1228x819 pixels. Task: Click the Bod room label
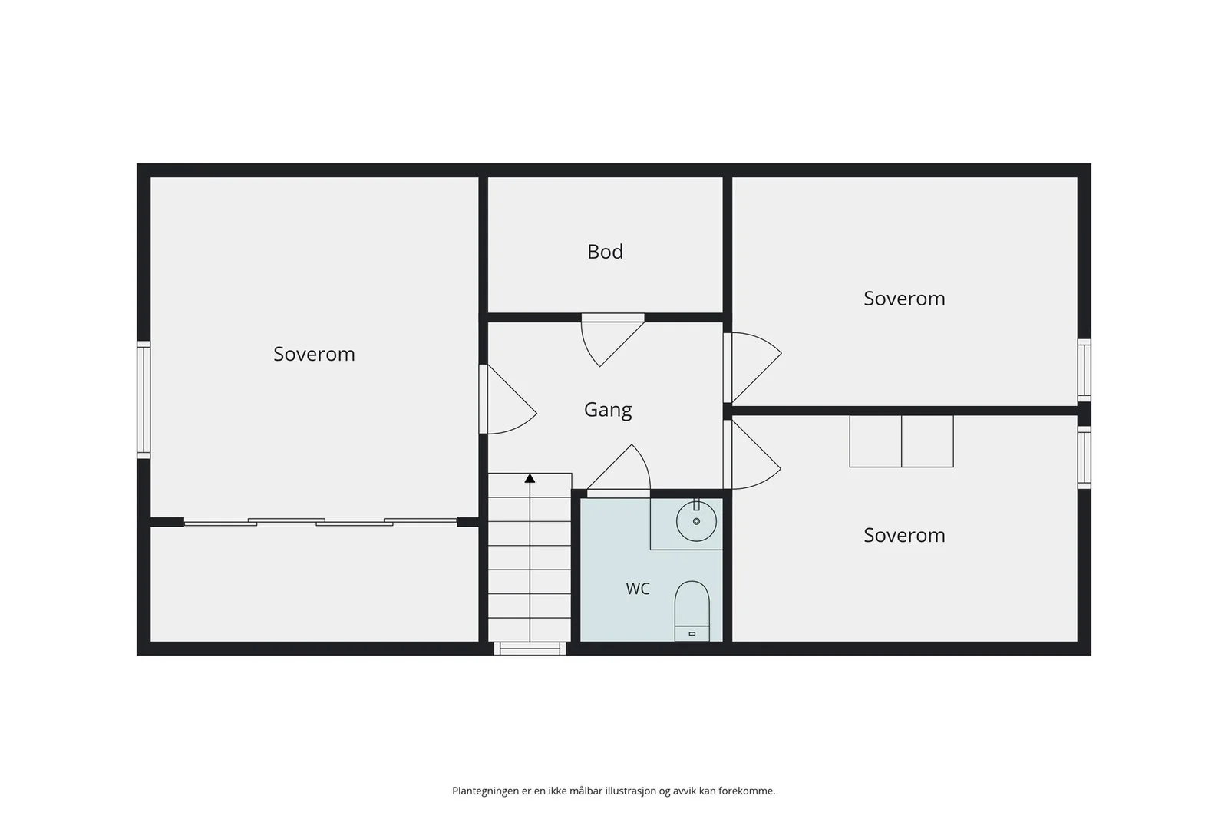coord(605,252)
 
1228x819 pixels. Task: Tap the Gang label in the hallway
coord(607,410)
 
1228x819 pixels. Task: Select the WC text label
coord(638,589)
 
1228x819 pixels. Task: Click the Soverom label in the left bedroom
coord(314,354)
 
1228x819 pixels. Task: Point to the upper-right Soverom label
coord(904,299)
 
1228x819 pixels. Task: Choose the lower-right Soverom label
coord(904,535)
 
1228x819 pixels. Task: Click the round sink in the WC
coord(696,520)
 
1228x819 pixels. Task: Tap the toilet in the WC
coord(692,611)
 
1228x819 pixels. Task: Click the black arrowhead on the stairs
coord(530,478)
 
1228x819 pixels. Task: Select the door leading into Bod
coord(612,340)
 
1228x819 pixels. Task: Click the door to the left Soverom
coord(507,399)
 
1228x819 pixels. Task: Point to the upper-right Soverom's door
coord(752,368)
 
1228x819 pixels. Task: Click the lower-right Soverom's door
coord(752,454)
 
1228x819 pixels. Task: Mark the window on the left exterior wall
coord(144,400)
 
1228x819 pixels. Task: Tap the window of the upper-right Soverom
coord(1084,370)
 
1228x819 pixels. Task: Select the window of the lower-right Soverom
coord(1084,457)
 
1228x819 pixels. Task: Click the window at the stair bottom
coord(530,649)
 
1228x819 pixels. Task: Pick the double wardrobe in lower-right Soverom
coord(901,441)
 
